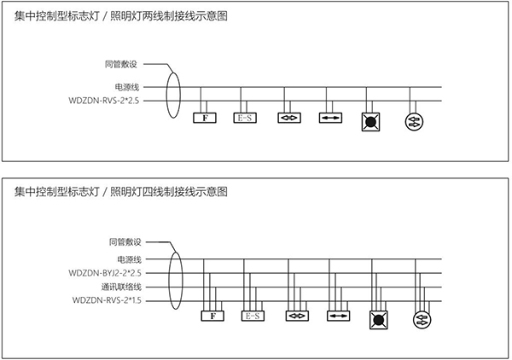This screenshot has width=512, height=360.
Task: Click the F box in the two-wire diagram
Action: pyautogui.click(x=204, y=118)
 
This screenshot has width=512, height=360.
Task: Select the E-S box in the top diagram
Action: pyautogui.click(x=244, y=118)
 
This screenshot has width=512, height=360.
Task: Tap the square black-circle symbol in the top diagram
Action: pyautogui.click(x=372, y=120)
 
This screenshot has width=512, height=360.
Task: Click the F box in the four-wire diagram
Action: pyautogui.click(x=212, y=316)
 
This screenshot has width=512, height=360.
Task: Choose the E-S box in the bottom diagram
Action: pyautogui.click(x=253, y=316)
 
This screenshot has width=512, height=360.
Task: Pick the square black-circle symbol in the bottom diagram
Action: pyautogui.click(x=378, y=320)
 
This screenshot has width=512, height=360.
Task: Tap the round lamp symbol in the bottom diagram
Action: pyautogui.click(x=421, y=320)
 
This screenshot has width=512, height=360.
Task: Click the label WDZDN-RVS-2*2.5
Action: pyautogui.click(x=108, y=101)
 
